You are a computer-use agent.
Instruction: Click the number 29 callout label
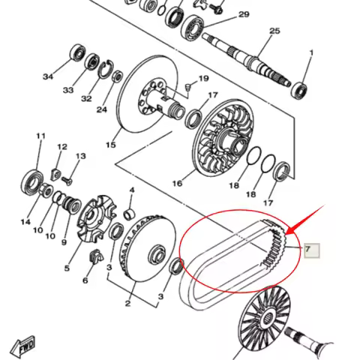click(x=243, y=15)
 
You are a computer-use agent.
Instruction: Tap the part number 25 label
click(x=274, y=31)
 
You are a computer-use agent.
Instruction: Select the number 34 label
click(x=48, y=76)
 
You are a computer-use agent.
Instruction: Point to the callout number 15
click(x=111, y=145)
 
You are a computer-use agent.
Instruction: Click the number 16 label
click(x=178, y=183)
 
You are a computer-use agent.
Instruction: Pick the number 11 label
click(x=41, y=136)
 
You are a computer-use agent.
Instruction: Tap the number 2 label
click(x=128, y=304)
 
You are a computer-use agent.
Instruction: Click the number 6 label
click(x=85, y=280)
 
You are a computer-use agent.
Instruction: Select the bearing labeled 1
click(x=303, y=86)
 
